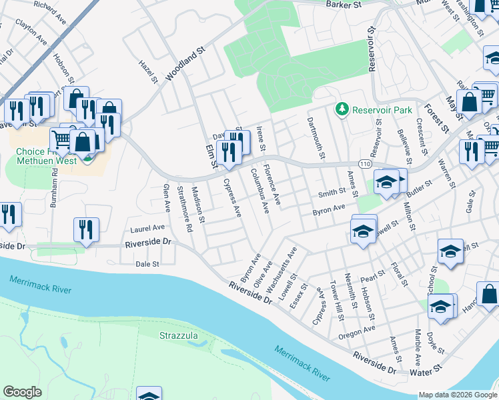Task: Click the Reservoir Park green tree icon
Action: coord(342,109)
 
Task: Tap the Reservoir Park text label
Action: coord(382,109)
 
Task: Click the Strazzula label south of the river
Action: coord(178,335)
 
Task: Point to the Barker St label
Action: coord(344,5)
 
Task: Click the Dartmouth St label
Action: coord(316,138)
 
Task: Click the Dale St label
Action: coord(147,264)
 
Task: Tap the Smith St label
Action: coord(332,193)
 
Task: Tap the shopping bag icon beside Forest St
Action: coord(470,103)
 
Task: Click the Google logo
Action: coord(22,392)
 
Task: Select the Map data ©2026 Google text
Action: coord(457,395)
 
